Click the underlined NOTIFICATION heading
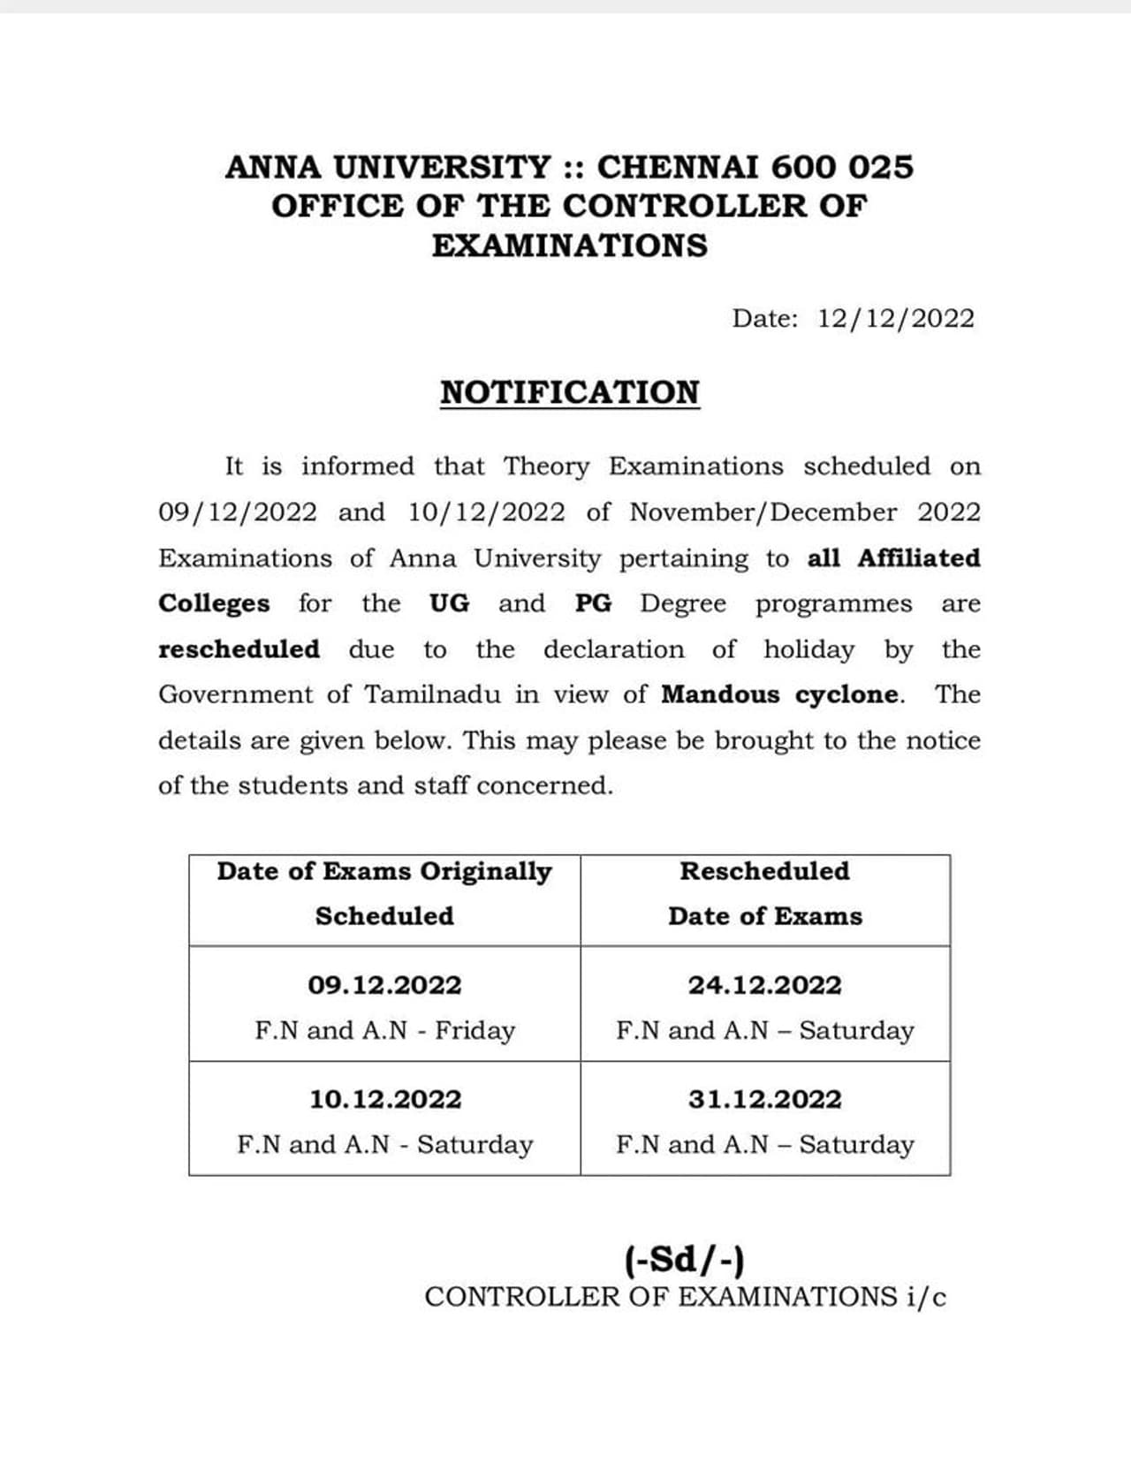(x=570, y=392)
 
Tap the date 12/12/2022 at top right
(x=895, y=318)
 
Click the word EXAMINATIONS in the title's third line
(x=570, y=245)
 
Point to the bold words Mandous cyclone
(x=781, y=694)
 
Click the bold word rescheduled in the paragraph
(x=239, y=648)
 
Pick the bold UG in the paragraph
(x=450, y=603)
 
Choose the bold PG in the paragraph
(x=593, y=603)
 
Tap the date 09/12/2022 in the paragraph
(x=237, y=512)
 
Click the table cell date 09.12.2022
(x=384, y=985)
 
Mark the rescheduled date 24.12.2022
(x=765, y=985)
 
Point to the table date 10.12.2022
(x=384, y=1099)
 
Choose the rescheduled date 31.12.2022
(x=765, y=1099)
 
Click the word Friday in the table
(x=474, y=1030)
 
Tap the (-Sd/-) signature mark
(x=685, y=1259)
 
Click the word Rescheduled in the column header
(x=764, y=871)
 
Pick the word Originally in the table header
(x=485, y=872)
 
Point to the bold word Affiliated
(x=919, y=558)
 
